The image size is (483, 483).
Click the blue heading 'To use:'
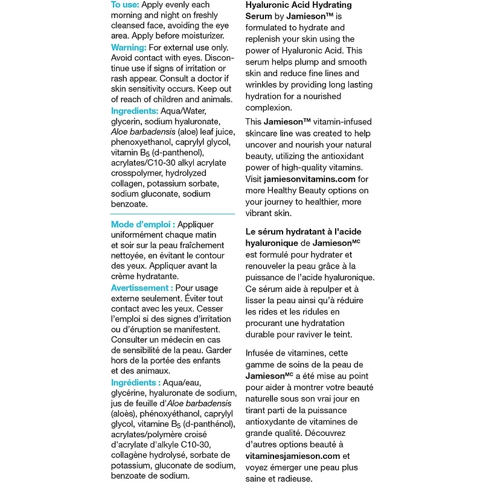point(126,5)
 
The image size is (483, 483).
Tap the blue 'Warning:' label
point(129,47)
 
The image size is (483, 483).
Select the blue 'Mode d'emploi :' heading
point(142,225)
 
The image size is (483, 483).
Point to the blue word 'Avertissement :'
point(142,288)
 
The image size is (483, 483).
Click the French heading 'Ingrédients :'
point(136,383)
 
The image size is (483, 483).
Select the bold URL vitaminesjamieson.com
point(293,456)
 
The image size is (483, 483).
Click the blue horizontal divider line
point(173,214)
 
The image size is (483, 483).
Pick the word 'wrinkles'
point(264,85)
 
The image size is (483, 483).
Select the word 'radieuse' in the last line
point(296,479)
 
